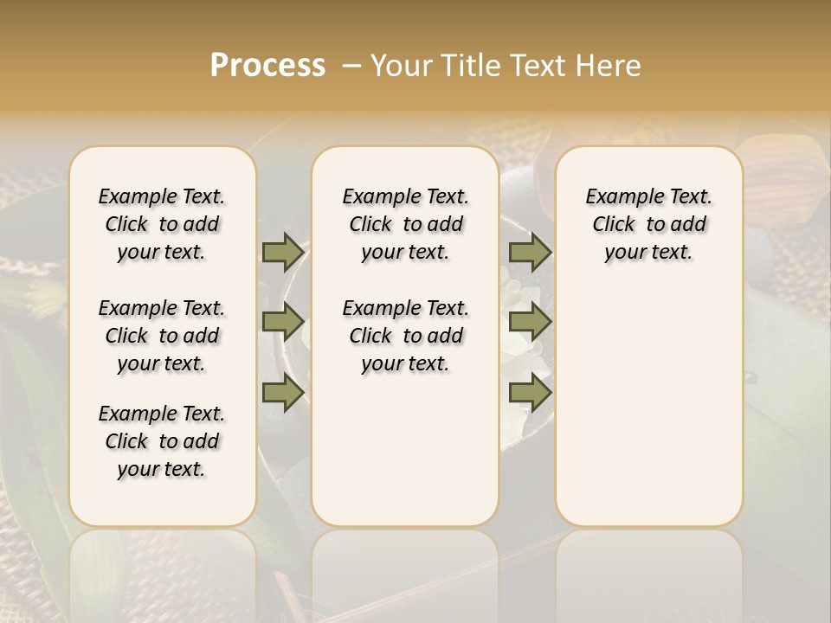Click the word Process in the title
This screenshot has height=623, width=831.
click(x=267, y=65)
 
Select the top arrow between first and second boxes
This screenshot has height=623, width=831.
click(x=283, y=253)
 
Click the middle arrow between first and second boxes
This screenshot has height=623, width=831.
click(x=283, y=323)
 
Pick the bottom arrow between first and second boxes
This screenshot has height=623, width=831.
click(x=283, y=394)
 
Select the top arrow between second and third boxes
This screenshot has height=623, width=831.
click(x=530, y=253)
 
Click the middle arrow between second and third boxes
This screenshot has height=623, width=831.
click(x=530, y=323)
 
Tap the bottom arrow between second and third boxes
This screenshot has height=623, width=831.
click(x=530, y=394)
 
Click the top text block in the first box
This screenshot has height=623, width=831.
click(x=162, y=224)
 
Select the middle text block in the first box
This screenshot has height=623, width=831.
click(x=162, y=336)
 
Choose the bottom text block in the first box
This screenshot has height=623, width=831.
click(x=162, y=441)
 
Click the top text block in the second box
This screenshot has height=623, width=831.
click(x=405, y=224)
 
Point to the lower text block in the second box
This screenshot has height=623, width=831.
click(x=405, y=336)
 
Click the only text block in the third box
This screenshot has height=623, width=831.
click(x=648, y=224)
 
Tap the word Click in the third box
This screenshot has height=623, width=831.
click(x=614, y=225)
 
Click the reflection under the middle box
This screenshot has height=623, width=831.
click(x=405, y=571)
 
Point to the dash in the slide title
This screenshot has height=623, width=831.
click(x=352, y=66)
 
